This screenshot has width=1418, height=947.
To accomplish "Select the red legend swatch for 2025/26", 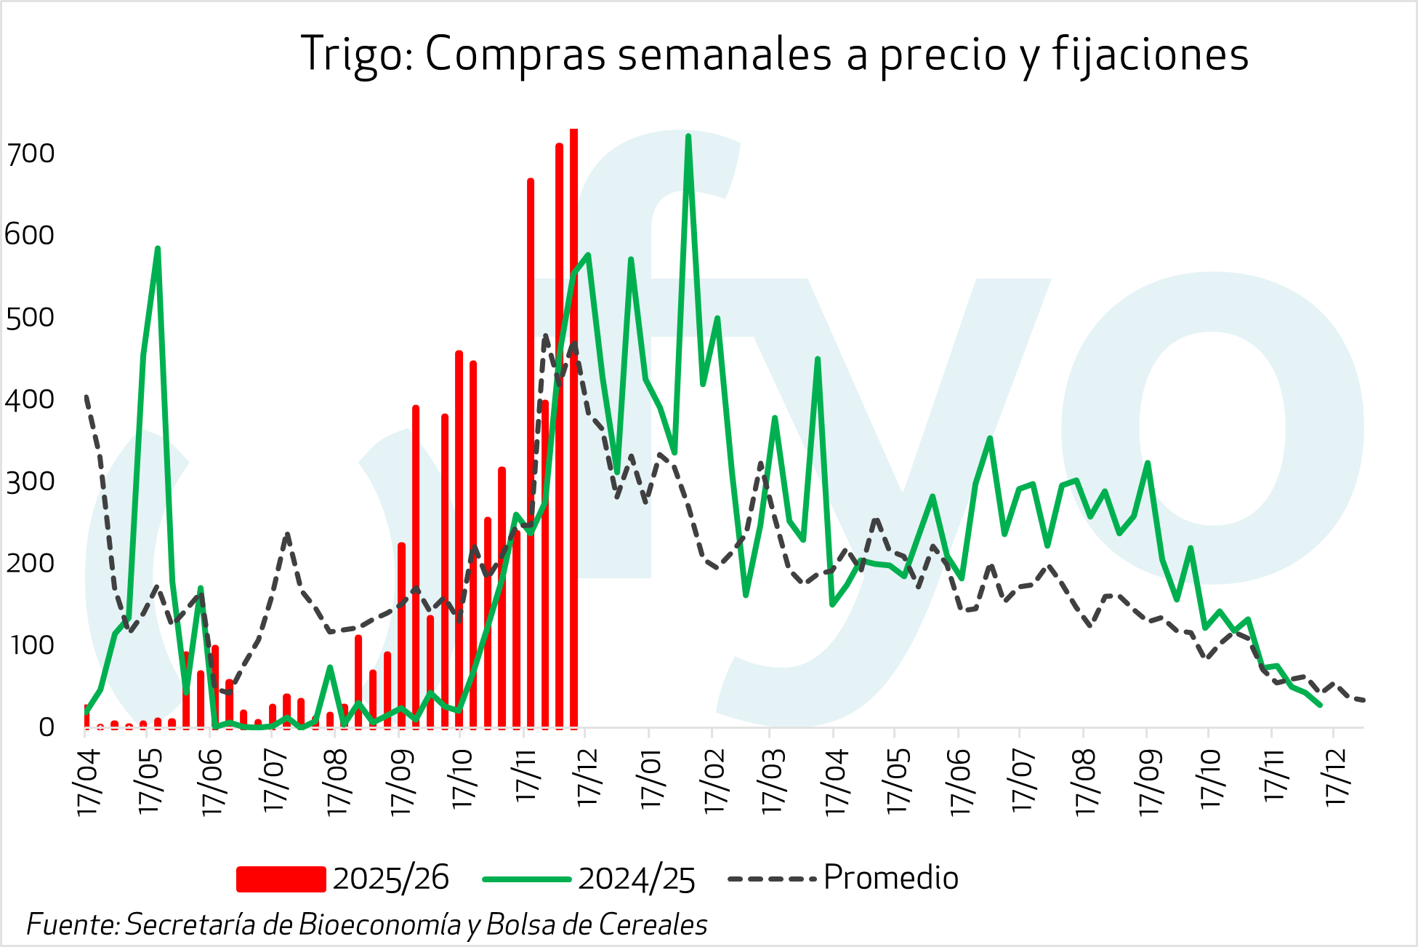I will coord(281,879).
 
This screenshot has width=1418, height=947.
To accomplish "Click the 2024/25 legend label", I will coord(637,879).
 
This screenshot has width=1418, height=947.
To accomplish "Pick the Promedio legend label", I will coord(890,878).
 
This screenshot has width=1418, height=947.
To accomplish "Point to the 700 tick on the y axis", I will coord(31,153).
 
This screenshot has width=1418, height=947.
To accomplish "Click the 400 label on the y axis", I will coord(31,399).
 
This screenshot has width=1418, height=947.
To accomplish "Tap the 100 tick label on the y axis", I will coord(31,645).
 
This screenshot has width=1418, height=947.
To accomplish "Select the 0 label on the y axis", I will coord(46,727).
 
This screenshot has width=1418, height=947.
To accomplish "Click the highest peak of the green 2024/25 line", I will coord(688,137).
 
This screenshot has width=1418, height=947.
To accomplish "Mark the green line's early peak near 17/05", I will coord(157,249).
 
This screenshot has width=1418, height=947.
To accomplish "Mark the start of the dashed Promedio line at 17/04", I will coord(86,396).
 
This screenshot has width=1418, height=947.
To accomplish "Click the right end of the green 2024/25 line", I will coord(1319,705).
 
